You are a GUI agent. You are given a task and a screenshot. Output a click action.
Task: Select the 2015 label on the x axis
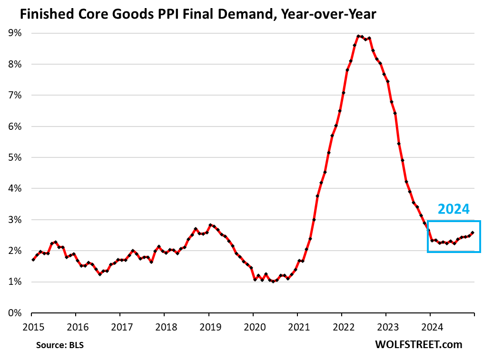pos(31,327)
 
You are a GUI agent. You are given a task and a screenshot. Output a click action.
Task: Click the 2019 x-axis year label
pos(208,327)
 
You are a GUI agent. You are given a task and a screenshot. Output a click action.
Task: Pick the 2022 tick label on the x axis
pos(341,327)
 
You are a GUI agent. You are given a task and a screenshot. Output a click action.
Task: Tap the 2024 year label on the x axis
pos(430,327)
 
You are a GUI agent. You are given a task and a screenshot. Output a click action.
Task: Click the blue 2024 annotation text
pos(453,209)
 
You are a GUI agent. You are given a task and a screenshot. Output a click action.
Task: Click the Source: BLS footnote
pos(59,344)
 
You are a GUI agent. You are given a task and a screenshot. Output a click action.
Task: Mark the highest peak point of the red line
pos(358,36)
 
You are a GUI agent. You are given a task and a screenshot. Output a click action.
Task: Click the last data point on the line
pos(472,233)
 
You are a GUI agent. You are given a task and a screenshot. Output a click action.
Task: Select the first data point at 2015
pos(33,260)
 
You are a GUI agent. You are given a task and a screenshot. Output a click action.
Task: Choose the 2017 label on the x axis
pos(120,327)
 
